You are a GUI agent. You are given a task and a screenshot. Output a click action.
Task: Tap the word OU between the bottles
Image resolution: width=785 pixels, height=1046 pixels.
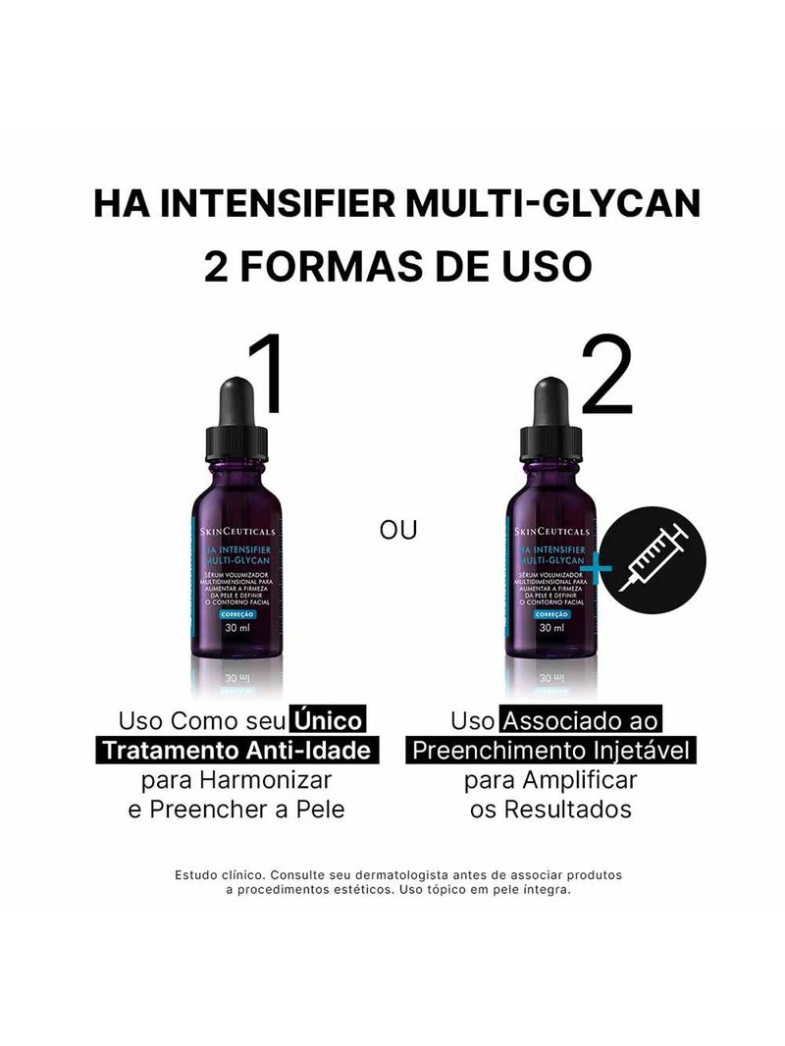398,530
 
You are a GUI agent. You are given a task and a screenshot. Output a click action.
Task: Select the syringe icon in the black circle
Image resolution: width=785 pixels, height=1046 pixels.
655,560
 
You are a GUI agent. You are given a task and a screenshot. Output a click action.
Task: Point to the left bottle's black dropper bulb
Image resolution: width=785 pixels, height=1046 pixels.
236,400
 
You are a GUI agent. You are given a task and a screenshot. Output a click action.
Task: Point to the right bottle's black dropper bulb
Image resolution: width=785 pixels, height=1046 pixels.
550,400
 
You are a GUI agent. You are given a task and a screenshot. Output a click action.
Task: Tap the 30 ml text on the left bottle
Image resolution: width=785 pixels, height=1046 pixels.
236,628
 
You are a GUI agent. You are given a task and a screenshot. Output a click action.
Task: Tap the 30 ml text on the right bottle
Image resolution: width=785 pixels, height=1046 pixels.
550,628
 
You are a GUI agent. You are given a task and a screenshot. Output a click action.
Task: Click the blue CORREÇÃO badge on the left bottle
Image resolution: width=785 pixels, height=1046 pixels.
236,613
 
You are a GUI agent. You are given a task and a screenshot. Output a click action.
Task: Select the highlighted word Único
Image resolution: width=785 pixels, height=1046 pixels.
327,721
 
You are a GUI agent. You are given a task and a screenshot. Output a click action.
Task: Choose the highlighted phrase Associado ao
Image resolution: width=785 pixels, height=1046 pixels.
581,721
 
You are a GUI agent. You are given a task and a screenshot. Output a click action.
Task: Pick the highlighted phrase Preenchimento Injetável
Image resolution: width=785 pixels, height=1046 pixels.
550,751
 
